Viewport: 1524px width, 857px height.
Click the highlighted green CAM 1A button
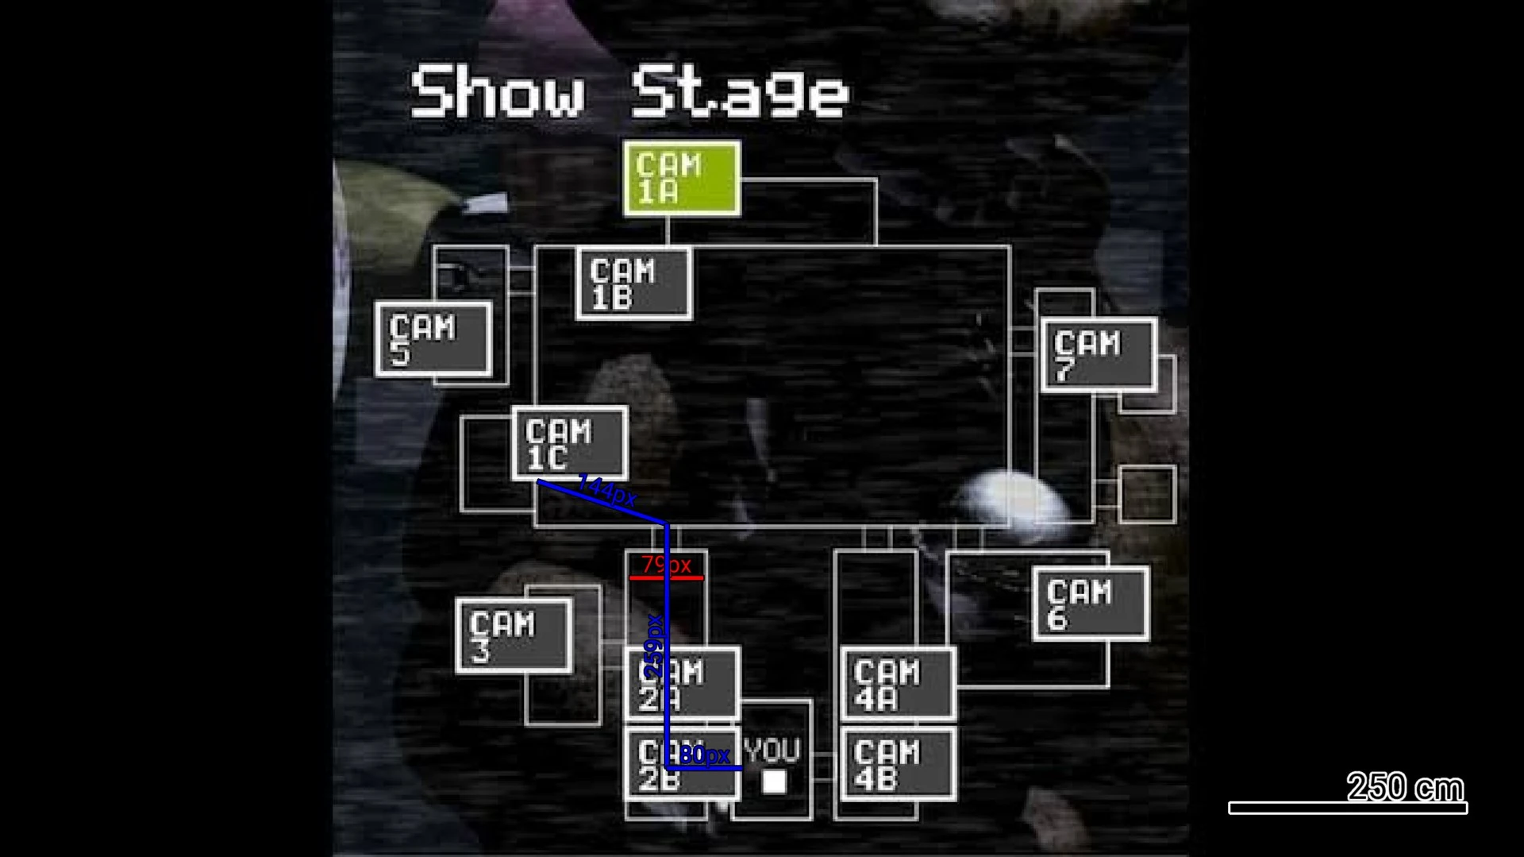682,179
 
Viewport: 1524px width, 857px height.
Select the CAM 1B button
633,284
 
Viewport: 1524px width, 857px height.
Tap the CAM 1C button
570,443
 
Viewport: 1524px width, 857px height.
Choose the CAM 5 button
433,339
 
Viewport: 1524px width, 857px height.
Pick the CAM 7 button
1099,355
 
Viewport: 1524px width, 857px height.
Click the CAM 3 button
514,635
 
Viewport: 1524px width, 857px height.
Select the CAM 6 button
1091,604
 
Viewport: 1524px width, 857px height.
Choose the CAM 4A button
899,685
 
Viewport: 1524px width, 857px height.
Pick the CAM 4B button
899,765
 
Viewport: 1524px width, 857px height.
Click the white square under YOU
774,782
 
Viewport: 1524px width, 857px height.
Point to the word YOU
772,751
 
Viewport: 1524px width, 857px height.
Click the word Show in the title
498,93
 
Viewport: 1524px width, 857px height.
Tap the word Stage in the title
740,93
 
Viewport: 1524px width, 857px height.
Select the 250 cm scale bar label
1405,787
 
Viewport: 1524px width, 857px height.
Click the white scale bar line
1348,808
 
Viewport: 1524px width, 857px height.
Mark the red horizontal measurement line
666,578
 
